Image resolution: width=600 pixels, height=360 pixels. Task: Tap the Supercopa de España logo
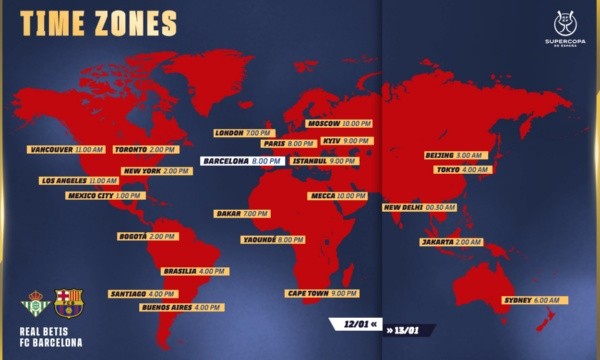[x=563, y=28]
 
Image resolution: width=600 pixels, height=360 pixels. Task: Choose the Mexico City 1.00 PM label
[x=104, y=196]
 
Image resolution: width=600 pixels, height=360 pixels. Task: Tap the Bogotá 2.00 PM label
[x=147, y=237]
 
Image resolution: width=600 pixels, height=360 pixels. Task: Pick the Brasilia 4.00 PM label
[x=195, y=271]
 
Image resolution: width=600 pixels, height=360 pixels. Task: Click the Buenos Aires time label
[x=181, y=308]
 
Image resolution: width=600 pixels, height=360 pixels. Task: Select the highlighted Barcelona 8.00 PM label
[x=243, y=160]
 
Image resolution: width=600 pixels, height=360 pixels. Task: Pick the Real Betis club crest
[x=34, y=304]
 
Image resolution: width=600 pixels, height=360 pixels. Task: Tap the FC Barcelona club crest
[x=69, y=304]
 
